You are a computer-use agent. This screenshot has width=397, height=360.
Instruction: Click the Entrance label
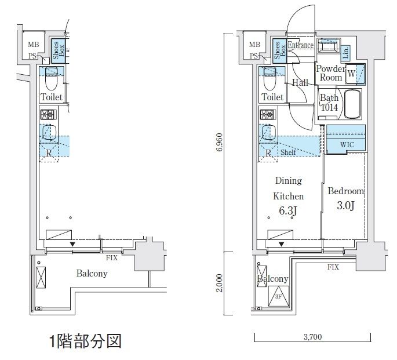click(300, 46)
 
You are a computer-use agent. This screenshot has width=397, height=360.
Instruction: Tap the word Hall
click(300, 83)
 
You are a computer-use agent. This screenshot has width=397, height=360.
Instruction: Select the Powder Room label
click(330, 73)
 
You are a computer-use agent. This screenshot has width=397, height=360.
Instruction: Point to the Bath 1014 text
click(329, 102)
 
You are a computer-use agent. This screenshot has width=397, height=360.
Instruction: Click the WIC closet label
click(347, 144)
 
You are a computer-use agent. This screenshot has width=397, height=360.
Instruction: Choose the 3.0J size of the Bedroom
click(345, 206)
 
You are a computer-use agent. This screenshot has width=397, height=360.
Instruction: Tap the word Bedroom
click(345, 191)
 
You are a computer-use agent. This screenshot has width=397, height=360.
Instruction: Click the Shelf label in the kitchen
click(289, 152)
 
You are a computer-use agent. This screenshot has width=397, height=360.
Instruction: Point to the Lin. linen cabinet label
click(345, 53)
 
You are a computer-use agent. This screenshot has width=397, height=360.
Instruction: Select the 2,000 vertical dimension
click(218, 284)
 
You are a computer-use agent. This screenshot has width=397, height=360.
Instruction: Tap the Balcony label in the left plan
click(92, 273)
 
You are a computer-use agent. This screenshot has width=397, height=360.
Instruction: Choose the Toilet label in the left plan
click(52, 97)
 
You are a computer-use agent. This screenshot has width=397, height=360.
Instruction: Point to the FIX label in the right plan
click(333, 267)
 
